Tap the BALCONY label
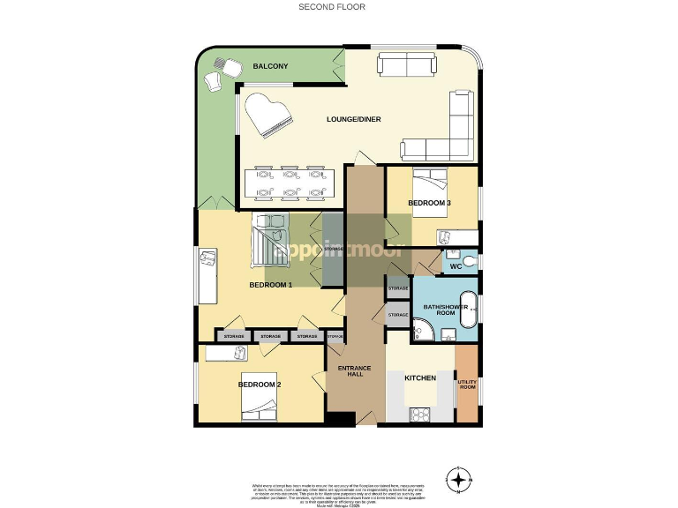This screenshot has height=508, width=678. [269, 66]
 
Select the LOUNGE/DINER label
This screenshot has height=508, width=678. [353, 119]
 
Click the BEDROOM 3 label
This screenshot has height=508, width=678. [429, 204]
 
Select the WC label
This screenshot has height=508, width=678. [456, 265]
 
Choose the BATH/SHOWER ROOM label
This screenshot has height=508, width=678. [440, 310]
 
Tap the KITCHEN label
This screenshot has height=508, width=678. [420, 377]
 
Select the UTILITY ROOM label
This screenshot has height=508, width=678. [466, 385]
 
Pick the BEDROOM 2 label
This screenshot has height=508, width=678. [260, 385]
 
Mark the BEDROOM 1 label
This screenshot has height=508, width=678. [270, 285]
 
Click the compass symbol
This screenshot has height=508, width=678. [459, 481]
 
